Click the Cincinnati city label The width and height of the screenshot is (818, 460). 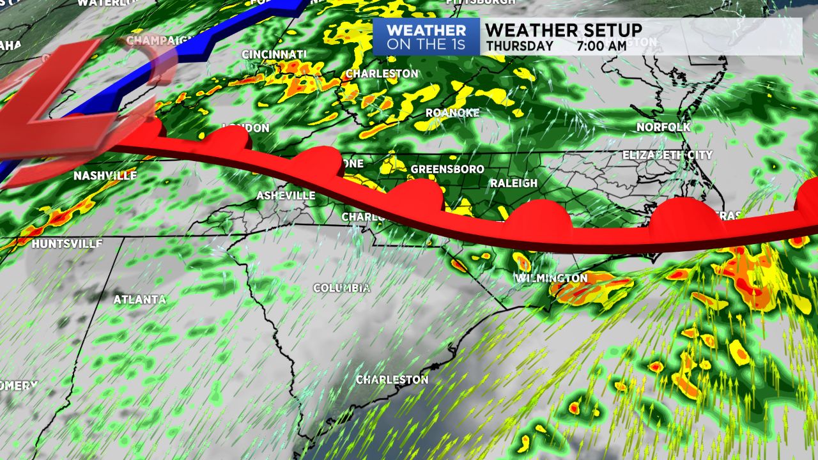(274, 54)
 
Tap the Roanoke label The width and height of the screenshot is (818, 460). (452, 112)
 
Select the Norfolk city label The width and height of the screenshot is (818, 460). (663, 127)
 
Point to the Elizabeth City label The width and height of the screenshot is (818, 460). (667, 155)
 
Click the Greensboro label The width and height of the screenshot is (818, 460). (447, 169)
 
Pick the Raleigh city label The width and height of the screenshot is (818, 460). (514, 183)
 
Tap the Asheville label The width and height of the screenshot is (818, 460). (286, 195)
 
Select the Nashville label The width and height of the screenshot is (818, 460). (105, 176)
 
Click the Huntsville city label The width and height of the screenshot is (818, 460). (67, 243)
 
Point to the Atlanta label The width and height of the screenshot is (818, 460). (139, 299)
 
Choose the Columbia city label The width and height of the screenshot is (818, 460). (341, 288)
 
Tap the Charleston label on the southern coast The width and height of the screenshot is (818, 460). (392, 379)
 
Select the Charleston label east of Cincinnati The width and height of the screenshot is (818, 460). (382, 73)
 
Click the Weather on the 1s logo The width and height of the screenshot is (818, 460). (426, 37)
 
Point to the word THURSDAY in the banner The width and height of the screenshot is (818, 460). (520, 46)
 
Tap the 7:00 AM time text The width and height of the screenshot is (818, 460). (601, 46)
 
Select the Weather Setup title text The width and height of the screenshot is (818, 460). (564, 29)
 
